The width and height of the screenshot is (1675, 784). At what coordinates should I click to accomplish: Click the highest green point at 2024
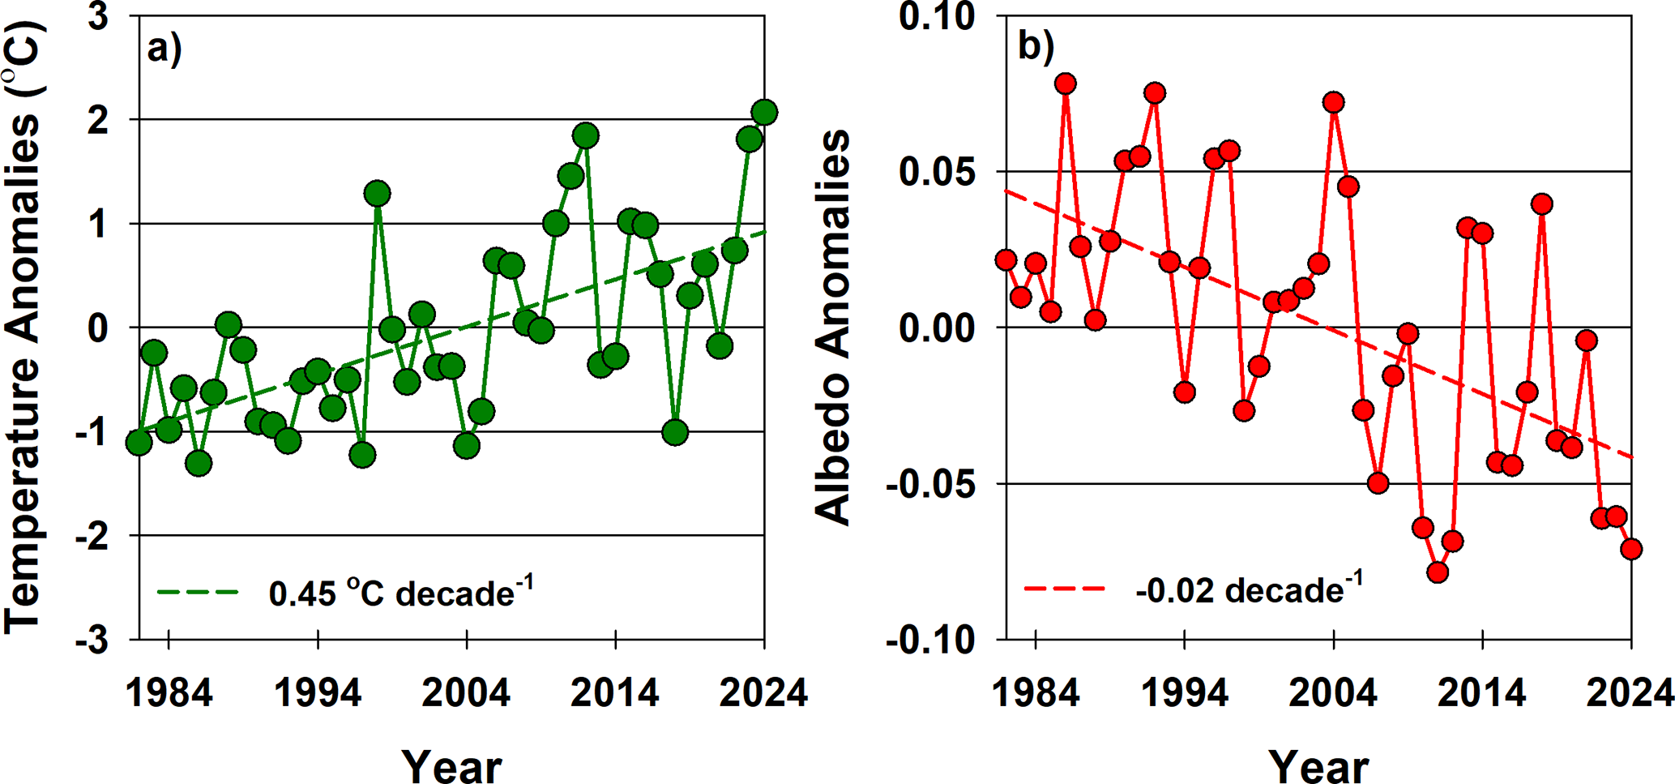tap(764, 113)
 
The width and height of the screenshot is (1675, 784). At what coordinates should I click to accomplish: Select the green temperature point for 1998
tap(377, 194)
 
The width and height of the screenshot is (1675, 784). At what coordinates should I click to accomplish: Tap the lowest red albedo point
tap(1438, 572)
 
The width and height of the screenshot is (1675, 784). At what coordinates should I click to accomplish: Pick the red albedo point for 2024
tap(1631, 549)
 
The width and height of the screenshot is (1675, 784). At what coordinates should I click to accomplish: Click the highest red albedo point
tap(1066, 84)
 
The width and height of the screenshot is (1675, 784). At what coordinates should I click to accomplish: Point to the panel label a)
tap(164, 49)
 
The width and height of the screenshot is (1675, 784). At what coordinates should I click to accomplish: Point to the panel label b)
tap(1035, 47)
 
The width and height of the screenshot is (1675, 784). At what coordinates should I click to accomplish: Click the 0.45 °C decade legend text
tap(401, 593)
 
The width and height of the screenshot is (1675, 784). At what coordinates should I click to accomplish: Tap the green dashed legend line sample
tap(198, 593)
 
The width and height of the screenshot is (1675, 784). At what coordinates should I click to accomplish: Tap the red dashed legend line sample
tap(1065, 589)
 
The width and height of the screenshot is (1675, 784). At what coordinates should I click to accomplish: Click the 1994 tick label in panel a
tap(318, 694)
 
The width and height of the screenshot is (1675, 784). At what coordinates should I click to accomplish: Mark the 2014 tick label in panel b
tap(1482, 694)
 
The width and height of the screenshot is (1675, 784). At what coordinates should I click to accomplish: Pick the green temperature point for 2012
tap(585, 135)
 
